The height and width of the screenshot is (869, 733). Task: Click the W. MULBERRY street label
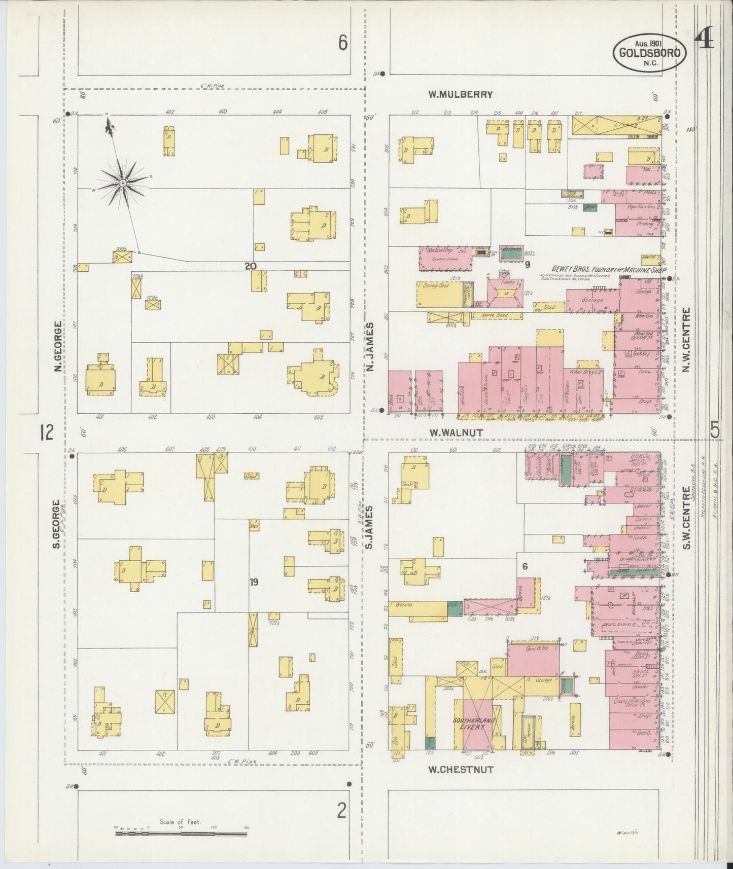(460, 94)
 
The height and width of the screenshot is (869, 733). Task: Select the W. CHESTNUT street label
(460, 769)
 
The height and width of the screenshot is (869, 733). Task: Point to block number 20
(250, 266)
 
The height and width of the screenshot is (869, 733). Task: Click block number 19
(254, 583)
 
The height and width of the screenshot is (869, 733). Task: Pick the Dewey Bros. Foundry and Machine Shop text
(609, 270)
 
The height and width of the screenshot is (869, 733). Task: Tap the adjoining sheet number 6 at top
(343, 44)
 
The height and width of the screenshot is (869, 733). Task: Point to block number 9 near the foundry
(527, 264)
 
